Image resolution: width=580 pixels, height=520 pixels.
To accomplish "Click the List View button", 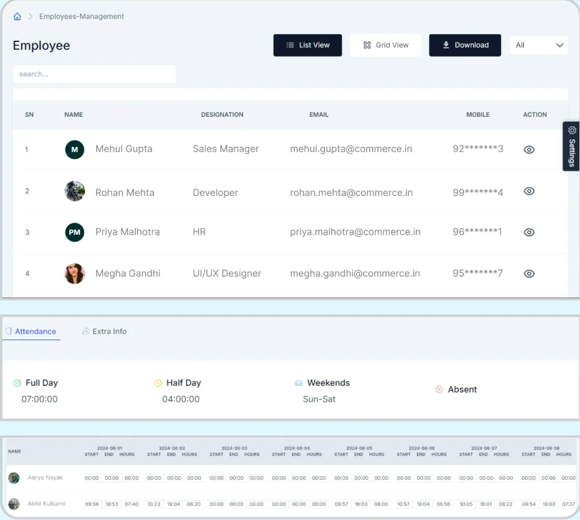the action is pos(307,45).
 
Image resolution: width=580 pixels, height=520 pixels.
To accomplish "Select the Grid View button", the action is pos(385,45).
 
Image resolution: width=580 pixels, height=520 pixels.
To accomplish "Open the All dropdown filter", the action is pos(538,45).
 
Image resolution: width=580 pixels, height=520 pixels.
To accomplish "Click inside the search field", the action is pos(95,74).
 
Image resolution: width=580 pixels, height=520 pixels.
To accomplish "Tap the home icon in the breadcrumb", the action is pos(17,17).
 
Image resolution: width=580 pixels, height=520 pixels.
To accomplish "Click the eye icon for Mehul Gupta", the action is pos(529,149).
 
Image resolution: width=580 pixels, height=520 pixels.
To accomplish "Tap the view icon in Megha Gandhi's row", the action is pos(529,274).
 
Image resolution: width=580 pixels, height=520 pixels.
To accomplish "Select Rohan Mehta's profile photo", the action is pos(74,191).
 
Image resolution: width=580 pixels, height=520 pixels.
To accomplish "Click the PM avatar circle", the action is pos(74,232).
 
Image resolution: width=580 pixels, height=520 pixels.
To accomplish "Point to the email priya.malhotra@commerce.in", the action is pos(355,232).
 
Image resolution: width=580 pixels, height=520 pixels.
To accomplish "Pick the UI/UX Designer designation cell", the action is pos(227,274).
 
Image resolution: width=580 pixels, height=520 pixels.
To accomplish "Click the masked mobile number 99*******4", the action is pos(478,193).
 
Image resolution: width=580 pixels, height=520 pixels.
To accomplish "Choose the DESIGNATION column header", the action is pos(222,114).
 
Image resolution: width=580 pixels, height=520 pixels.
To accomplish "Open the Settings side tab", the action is pos(572,146).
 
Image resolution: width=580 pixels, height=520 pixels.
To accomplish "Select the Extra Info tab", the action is pos(104,331).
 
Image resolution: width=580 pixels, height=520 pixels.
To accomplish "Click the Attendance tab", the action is pos(31,331).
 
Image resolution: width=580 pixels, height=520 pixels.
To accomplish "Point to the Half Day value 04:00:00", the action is pos(181,399).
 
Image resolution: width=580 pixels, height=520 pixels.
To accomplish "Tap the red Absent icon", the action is pos(439,389).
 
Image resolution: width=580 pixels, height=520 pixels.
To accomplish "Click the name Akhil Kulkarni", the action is pos(46,504).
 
